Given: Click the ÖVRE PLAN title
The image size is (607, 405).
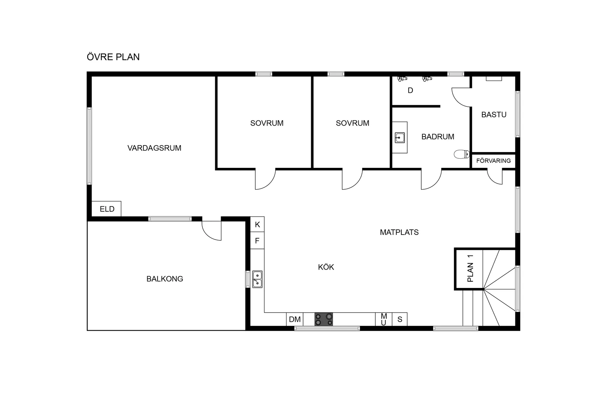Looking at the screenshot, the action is [113, 57].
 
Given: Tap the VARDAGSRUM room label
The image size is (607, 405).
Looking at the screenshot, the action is [154, 148].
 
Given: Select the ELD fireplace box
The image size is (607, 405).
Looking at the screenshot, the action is [106, 209].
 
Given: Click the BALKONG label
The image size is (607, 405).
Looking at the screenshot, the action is [165, 279].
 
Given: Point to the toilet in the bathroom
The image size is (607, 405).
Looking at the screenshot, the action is [462, 154].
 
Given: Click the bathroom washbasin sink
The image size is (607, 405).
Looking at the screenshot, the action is [400, 138].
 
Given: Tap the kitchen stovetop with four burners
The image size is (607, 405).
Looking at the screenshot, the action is [324, 319].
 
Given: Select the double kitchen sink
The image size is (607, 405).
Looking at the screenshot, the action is [257, 279].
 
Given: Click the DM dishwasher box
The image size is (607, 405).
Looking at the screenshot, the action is [295, 319].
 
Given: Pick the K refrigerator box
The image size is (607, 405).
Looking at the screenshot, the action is [257, 224].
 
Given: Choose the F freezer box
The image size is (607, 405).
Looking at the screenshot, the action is [257, 241].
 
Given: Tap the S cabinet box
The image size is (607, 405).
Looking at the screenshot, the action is [400, 319].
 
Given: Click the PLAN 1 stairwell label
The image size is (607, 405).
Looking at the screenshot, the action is [471, 268].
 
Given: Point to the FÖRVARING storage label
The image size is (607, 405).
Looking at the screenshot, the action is [493, 161].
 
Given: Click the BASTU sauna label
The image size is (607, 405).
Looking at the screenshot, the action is [494, 115].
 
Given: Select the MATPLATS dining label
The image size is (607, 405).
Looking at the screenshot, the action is [399, 232].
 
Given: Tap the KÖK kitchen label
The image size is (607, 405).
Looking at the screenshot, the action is [326, 267].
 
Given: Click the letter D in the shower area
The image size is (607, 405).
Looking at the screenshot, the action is [410, 91].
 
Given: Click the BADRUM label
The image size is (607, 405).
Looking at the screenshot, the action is [438, 137].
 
